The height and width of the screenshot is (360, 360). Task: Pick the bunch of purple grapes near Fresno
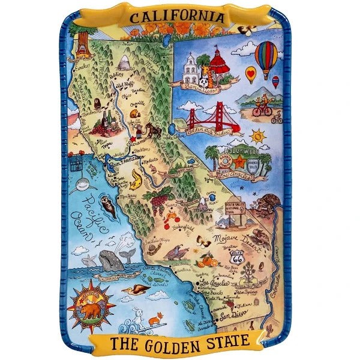point(160,201)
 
